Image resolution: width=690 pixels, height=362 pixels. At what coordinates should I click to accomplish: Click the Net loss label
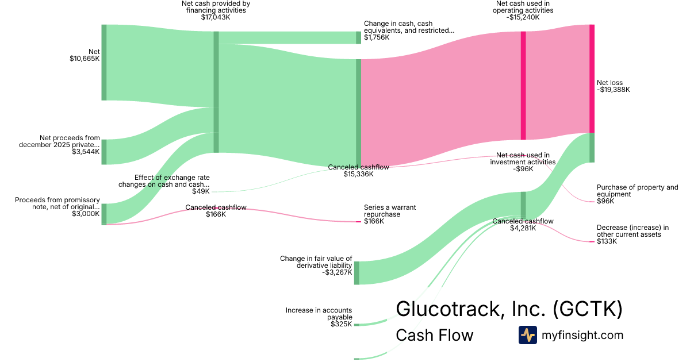pyautogui.click(x=609, y=83)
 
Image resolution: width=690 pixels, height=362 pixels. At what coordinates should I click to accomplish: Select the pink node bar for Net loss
pyautogui.click(x=592, y=79)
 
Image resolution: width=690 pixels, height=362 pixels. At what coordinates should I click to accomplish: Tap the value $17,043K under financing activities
pyautogui.click(x=215, y=18)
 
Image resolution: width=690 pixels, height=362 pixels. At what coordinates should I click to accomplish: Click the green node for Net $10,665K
pyautogui.click(x=104, y=62)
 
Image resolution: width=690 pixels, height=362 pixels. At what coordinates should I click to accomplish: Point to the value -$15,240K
pyautogui.click(x=524, y=17)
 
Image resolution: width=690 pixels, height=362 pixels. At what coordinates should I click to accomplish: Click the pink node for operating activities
pyautogui.click(x=523, y=85)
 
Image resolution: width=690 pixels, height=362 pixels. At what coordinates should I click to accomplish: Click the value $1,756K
pyautogui.click(x=377, y=37)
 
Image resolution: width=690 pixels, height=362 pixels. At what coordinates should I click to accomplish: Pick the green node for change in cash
pyautogui.click(x=358, y=37)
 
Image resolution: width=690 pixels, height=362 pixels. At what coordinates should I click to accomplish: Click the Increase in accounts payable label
pyautogui.click(x=319, y=314)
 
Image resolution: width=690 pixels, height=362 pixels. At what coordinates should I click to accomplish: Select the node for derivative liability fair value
pyautogui.click(x=356, y=272)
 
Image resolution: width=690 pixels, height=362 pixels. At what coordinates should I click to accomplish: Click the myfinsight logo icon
pyautogui.click(x=527, y=335)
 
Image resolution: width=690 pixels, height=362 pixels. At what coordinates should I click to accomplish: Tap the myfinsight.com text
pyautogui.click(x=582, y=335)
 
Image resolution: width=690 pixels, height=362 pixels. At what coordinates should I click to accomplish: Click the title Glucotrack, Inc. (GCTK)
pyautogui.click(x=509, y=309)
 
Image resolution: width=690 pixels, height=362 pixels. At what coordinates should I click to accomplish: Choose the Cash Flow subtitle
pyautogui.click(x=434, y=335)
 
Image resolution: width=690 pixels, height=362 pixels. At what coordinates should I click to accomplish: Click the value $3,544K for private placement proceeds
pyautogui.click(x=86, y=152)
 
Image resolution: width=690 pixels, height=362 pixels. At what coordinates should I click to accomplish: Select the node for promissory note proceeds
pyautogui.click(x=104, y=214)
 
